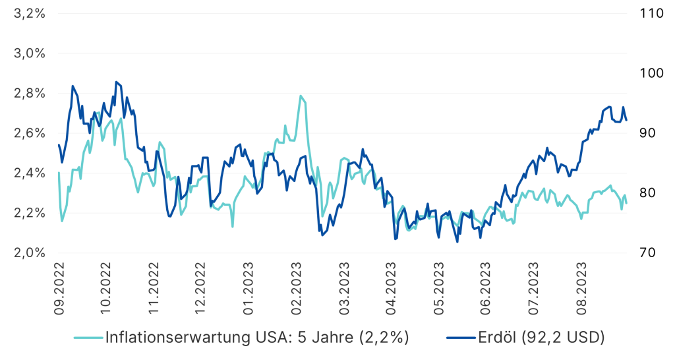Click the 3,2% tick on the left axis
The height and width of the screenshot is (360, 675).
29,14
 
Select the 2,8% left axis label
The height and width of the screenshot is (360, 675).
29,94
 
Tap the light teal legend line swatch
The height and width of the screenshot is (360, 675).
86,338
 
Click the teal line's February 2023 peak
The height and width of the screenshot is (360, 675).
301,96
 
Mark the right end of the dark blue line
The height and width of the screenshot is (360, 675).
627,120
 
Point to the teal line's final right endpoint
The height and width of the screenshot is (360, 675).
626,202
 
